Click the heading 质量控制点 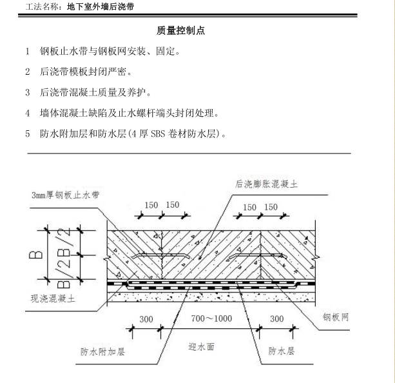[x=180, y=30]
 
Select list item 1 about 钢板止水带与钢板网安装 [x=110, y=50]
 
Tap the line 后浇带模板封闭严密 [x=86, y=71]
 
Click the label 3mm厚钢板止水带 [x=66, y=195]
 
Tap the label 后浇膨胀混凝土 [x=267, y=184]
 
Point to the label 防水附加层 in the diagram [x=102, y=352]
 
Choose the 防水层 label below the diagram [x=282, y=352]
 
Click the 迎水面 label [x=200, y=347]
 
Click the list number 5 [x=28, y=134]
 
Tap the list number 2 [x=28, y=71]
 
